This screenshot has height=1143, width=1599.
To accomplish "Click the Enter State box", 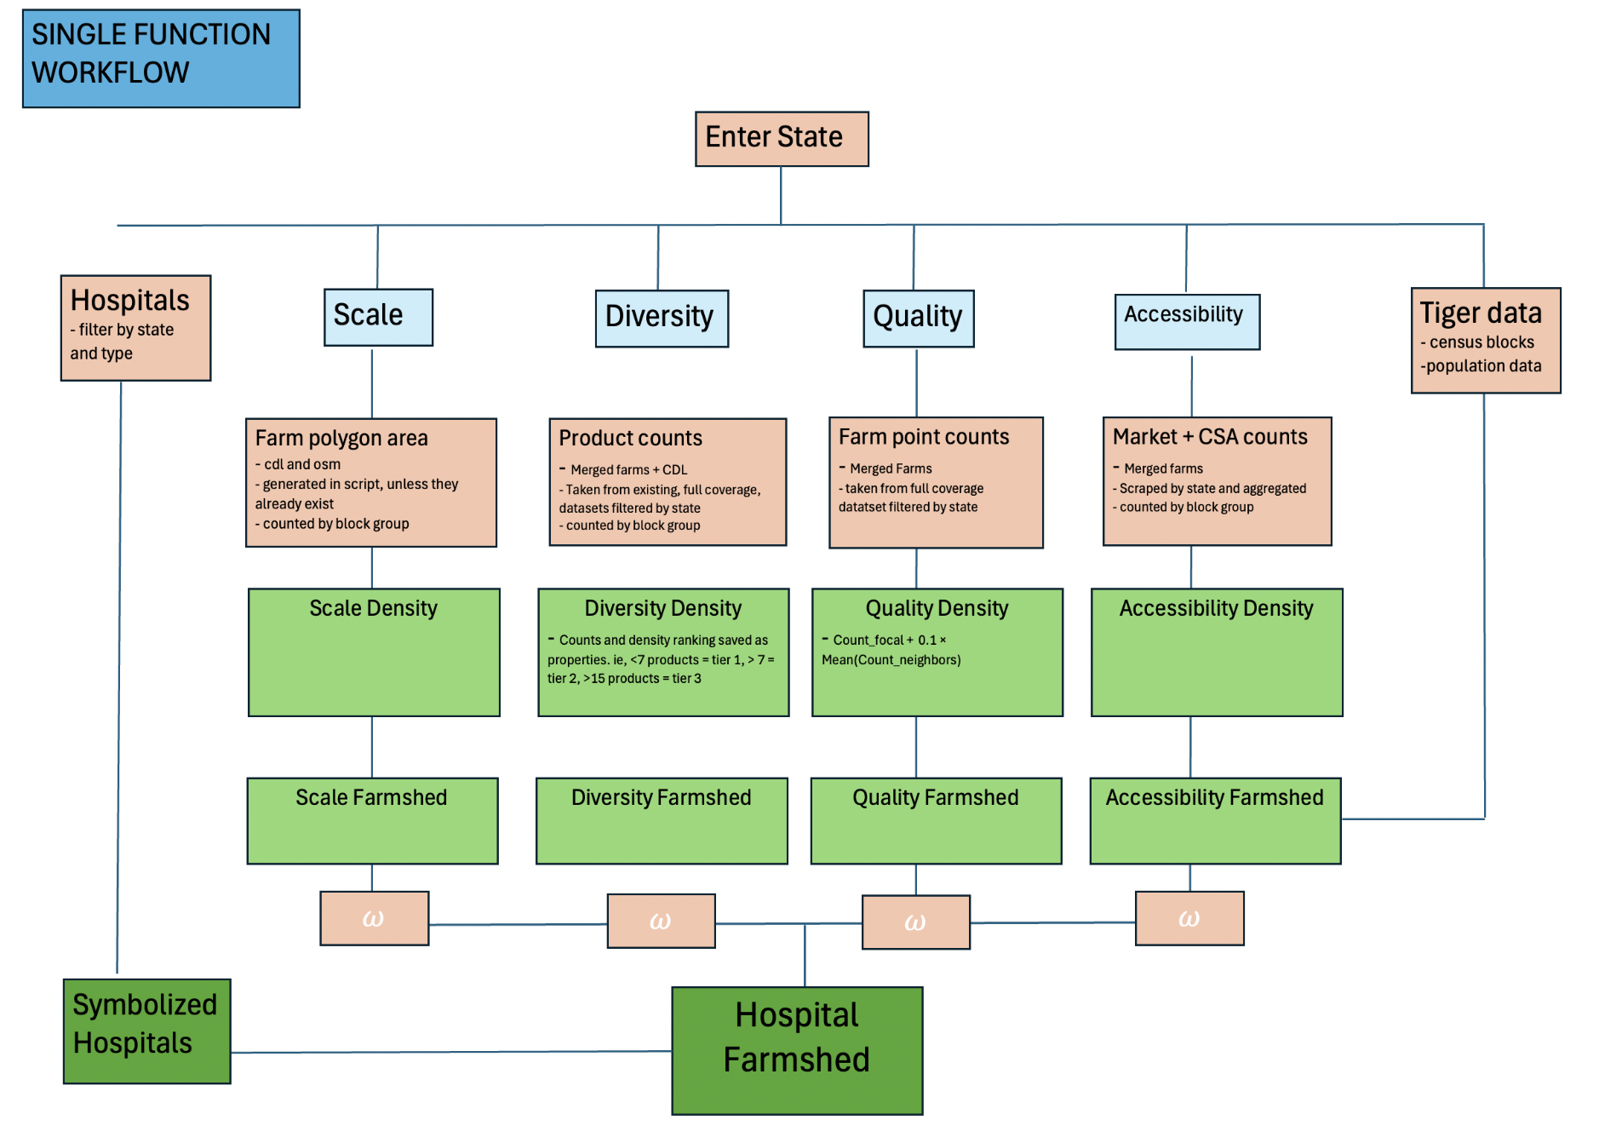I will coord(781,138).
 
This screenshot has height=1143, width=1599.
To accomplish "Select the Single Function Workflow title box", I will coord(161,58).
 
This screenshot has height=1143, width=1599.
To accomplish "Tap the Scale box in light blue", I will coord(378,317).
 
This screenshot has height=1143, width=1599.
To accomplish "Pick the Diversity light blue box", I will coord(661,318).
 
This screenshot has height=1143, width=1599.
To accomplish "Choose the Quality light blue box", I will coord(918,318).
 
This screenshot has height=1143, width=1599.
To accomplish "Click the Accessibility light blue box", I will coord(1186,321).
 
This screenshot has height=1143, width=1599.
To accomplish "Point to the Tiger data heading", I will coord(1480,313).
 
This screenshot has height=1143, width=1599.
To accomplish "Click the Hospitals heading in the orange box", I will coord(129,301).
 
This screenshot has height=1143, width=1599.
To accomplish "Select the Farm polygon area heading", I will coord(341,439).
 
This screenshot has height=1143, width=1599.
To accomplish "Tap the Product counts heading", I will coord(630,439).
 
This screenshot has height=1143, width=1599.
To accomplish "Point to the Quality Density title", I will coord(937,608).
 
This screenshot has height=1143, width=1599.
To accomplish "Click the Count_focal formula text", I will coord(890,650).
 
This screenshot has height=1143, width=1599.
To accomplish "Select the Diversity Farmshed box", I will coord(662,820).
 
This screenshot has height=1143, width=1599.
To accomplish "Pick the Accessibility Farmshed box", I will coord(1215,820).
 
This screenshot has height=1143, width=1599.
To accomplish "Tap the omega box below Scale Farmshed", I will coord(374,918).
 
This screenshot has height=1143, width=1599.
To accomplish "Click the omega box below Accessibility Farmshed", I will coord(1189,918).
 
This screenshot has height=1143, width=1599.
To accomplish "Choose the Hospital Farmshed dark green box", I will coord(797,1050).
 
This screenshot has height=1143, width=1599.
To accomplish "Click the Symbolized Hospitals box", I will coord(146,1031).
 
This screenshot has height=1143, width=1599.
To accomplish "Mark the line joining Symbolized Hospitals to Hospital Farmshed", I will coord(451,1052).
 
